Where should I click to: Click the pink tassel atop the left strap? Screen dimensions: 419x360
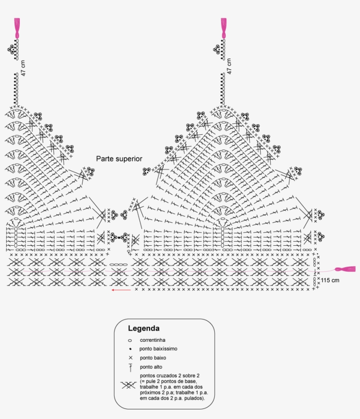pos(17,28)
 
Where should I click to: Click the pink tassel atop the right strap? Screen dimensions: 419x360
pos(223,28)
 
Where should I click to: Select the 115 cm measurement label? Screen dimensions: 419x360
pos(330,280)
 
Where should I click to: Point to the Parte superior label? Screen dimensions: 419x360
pos(119,158)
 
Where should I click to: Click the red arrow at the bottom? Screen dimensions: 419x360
pos(121,290)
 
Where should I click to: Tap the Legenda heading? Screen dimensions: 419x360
pos(144,328)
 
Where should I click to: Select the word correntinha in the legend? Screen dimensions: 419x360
pos(152,340)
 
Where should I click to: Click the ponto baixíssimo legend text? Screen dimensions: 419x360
pos(158,349)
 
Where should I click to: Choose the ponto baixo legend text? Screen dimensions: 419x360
pos(153,358)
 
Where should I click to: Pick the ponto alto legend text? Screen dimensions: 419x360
pos(151,367)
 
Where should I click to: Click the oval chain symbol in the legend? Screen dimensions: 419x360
pos(130,340)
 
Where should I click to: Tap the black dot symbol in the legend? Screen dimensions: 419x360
pos(130,349)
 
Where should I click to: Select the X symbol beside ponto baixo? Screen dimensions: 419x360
pos(130,358)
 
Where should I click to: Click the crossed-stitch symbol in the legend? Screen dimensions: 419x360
pos(128,386)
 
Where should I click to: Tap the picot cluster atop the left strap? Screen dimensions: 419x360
pos(12,49)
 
